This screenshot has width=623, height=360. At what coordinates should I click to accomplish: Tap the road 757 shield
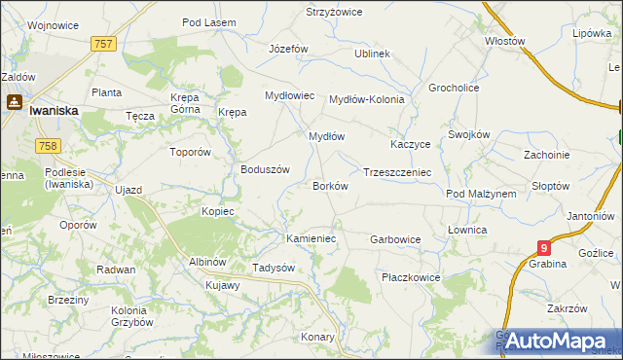pyautogui.click(x=104, y=44)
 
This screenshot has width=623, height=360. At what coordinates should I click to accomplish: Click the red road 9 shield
pyautogui.click(x=544, y=249)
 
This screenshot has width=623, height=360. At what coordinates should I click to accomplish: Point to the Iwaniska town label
pyautogui.click(x=54, y=111)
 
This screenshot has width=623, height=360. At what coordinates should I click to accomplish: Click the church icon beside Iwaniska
pyautogui.click(x=15, y=100)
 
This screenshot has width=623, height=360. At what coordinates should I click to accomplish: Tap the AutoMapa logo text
pyautogui.click(x=557, y=341)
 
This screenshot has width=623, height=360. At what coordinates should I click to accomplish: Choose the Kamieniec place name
pyautogui.click(x=311, y=238)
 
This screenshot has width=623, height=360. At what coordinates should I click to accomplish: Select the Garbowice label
pyautogui.click(x=395, y=238)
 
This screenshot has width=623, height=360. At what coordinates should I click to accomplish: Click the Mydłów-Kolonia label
pyautogui.click(x=366, y=99)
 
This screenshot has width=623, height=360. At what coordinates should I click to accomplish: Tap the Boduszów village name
pyautogui.click(x=266, y=168)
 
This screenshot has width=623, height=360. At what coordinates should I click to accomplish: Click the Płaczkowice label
pyautogui.click(x=411, y=277)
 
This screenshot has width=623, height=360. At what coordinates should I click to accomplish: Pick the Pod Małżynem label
pyautogui.click(x=481, y=194)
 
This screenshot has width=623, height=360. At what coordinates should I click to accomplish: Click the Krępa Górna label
pyautogui.click(x=185, y=104)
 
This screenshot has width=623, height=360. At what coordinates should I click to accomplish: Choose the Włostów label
pyautogui.click(x=505, y=42)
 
